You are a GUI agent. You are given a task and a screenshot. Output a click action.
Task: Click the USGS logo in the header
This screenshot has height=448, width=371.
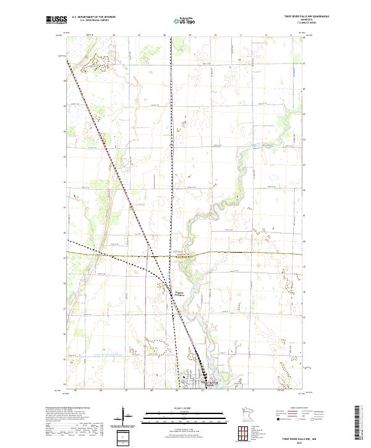pos(54,20)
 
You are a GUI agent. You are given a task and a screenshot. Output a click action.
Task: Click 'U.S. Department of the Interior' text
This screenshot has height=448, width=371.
pos(93,17)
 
